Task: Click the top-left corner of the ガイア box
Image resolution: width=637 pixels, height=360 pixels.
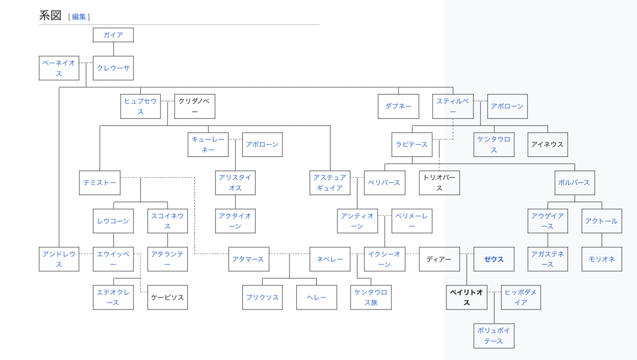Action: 93,28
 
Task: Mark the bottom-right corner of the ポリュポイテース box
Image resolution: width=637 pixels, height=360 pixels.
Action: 514,348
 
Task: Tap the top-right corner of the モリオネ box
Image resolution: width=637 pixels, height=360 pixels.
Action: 622,247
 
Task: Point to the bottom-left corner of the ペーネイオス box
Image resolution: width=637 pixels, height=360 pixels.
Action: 39,80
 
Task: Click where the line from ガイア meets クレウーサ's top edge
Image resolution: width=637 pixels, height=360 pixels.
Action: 113,56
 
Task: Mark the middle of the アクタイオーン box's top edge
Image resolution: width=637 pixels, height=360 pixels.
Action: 235,209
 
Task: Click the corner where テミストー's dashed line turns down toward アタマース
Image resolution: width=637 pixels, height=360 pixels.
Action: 195,178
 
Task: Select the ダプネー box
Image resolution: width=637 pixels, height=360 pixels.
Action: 398,106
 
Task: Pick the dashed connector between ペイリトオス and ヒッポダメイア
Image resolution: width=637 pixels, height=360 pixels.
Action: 494,292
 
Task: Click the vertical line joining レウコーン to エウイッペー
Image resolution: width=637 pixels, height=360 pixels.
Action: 113,240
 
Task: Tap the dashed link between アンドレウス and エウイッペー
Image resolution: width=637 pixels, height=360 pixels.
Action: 86,254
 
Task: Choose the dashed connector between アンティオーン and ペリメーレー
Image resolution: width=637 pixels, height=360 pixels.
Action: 385,215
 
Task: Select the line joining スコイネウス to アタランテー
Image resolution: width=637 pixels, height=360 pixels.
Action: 167,240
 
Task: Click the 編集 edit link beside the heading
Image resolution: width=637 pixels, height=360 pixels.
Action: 79,17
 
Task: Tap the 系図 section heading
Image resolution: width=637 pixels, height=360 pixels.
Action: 50,15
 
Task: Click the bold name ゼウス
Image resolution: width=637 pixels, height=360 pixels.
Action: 494,259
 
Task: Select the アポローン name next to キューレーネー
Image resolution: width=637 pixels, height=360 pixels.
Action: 262,145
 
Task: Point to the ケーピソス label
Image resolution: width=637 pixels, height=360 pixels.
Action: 167,297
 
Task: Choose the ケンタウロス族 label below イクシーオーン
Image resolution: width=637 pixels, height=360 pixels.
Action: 371,297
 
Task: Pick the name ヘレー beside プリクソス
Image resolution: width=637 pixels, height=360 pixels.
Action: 316,297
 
